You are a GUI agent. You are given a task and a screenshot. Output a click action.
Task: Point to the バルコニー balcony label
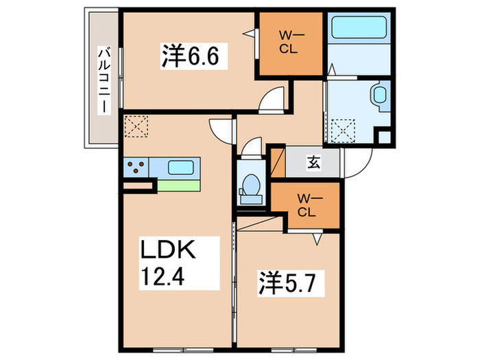tap(104, 80)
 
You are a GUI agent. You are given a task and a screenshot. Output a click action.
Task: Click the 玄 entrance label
tap(313, 163)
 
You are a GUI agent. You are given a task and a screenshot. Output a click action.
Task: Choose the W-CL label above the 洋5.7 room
tap(307, 206)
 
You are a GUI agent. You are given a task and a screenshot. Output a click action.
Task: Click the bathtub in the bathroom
tap(359, 27)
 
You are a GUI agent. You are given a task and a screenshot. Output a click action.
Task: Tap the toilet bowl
tap(251, 184)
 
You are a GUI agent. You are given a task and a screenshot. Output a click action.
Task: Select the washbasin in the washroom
tap(379, 95)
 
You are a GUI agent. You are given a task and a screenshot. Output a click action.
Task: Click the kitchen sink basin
tap(180, 167)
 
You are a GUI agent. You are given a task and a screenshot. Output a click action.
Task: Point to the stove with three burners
tap(136, 167)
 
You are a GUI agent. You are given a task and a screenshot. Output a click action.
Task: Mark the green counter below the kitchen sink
tap(179, 186)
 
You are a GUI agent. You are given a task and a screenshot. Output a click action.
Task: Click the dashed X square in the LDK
tap(136, 126)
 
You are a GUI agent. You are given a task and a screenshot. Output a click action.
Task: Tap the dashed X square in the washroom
tap(343, 130)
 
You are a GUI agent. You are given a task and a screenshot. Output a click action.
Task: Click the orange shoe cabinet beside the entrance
tap(278, 163)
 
